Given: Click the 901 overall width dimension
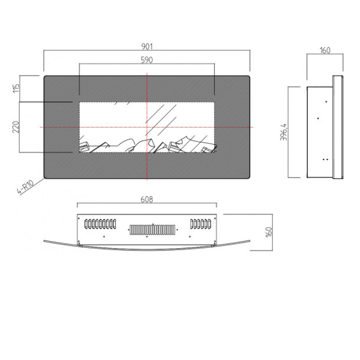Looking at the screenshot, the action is [x=147, y=47].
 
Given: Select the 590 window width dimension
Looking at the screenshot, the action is [x=147, y=60].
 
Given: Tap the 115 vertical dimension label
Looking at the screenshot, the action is [x=16, y=89].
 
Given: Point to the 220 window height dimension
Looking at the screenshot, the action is [x=16, y=127].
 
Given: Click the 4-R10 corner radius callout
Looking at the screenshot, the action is [x=25, y=187].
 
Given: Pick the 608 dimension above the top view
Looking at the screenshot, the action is [x=147, y=199].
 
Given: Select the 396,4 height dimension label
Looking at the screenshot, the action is [x=283, y=132].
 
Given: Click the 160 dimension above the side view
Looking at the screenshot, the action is [x=325, y=50].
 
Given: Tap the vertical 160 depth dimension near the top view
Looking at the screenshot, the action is [x=269, y=232].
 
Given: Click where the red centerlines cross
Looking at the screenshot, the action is [x=147, y=127].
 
